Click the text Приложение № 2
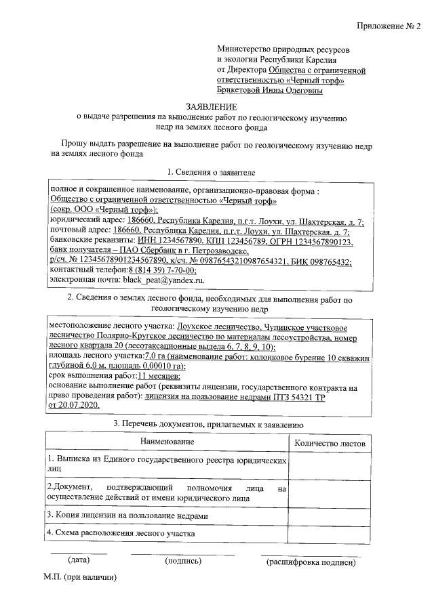coord(389,27)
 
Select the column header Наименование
coord(167,442)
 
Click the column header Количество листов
coord(329,443)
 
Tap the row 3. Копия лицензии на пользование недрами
coord(127,515)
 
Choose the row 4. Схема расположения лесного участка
coord(121,533)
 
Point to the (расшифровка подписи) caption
coord(311,562)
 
